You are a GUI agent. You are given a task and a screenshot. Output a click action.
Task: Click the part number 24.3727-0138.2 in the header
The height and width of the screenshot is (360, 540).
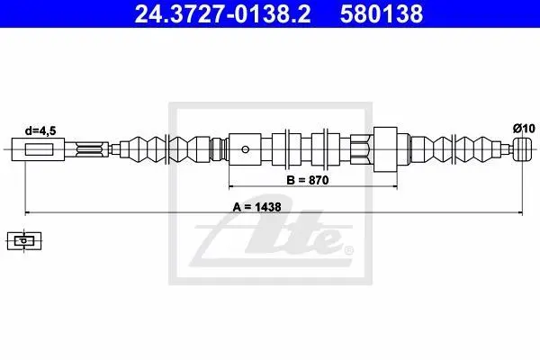(x=222, y=13)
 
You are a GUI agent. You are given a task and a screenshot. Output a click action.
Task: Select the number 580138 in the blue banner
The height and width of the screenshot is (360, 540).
(x=382, y=13)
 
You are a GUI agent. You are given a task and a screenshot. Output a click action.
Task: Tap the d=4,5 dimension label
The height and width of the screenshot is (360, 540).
(x=40, y=130)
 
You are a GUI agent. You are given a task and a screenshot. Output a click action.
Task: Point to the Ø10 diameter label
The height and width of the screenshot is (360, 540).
(x=524, y=129)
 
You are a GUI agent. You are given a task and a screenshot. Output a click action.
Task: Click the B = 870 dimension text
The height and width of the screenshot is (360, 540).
(x=308, y=180)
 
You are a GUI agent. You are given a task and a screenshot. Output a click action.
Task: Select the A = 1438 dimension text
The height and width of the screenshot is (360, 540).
(x=256, y=207)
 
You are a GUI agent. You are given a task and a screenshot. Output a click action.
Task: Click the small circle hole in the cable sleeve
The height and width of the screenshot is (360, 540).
(x=245, y=149)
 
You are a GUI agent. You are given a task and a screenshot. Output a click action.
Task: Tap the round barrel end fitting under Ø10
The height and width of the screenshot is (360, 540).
(x=522, y=149)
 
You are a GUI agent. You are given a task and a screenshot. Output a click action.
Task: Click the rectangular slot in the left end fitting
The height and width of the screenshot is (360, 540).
(x=39, y=149)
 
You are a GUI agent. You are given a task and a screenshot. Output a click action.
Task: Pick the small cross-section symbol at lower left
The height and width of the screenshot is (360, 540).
(x=24, y=240)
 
